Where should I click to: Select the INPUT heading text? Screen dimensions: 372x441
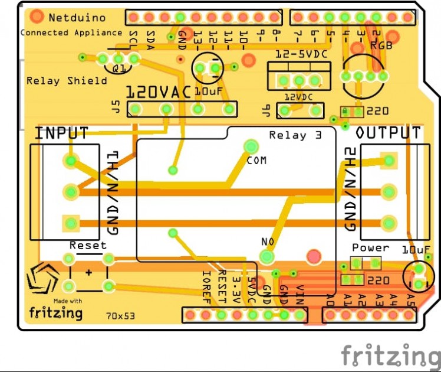click(61, 133)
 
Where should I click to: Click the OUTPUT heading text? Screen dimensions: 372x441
click(389, 133)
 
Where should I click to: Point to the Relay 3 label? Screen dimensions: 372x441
click(295, 135)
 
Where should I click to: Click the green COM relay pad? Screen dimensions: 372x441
click(252, 146)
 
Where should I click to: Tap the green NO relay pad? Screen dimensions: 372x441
click(267, 256)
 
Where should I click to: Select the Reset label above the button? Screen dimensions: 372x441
click(88, 245)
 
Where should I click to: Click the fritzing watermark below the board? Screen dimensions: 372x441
click(390, 356)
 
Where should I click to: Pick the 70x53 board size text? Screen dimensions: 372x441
click(121, 316)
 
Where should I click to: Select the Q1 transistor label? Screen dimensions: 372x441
click(119, 69)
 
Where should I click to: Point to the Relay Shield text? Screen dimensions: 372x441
click(67, 80)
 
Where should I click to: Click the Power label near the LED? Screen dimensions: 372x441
click(370, 247)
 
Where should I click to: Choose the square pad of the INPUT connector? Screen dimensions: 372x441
click(71, 223)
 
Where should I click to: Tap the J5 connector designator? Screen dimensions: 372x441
click(115, 107)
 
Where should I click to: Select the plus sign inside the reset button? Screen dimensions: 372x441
click(89, 273)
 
